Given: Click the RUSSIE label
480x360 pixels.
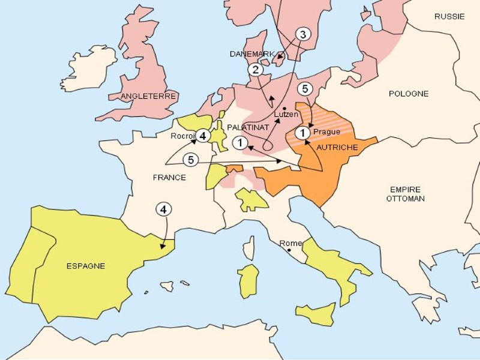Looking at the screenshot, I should (x=449, y=17).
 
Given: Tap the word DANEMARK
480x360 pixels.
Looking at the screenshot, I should (x=252, y=54).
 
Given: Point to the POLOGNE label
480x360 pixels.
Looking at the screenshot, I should (x=409, y=94).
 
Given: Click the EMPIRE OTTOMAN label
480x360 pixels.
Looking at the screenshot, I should (x=406, y=193).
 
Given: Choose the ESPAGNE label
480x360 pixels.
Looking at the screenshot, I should (x=86, y=266).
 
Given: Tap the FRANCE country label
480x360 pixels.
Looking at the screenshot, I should (x=169, y=178).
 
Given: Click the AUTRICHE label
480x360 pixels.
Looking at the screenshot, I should (x=337, y=147).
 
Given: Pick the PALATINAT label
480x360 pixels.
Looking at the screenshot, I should (x=248, y=127).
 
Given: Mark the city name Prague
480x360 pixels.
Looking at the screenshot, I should (x=326, y=132).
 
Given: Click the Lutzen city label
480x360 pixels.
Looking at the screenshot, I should (x=286, y=114).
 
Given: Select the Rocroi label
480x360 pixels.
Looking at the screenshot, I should (x=182, y=136).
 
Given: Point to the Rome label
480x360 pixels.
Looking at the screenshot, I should (x=290, y=243).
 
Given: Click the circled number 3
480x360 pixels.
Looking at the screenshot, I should (x=302, y=34).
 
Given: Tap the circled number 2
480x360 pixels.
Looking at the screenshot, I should (x=256, y=70).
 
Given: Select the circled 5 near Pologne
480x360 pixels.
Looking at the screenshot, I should (x=305, y=89).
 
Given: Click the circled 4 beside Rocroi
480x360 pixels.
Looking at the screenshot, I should (x=203, y=136).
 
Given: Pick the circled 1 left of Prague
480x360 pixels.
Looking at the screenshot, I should (x=303, y=133).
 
